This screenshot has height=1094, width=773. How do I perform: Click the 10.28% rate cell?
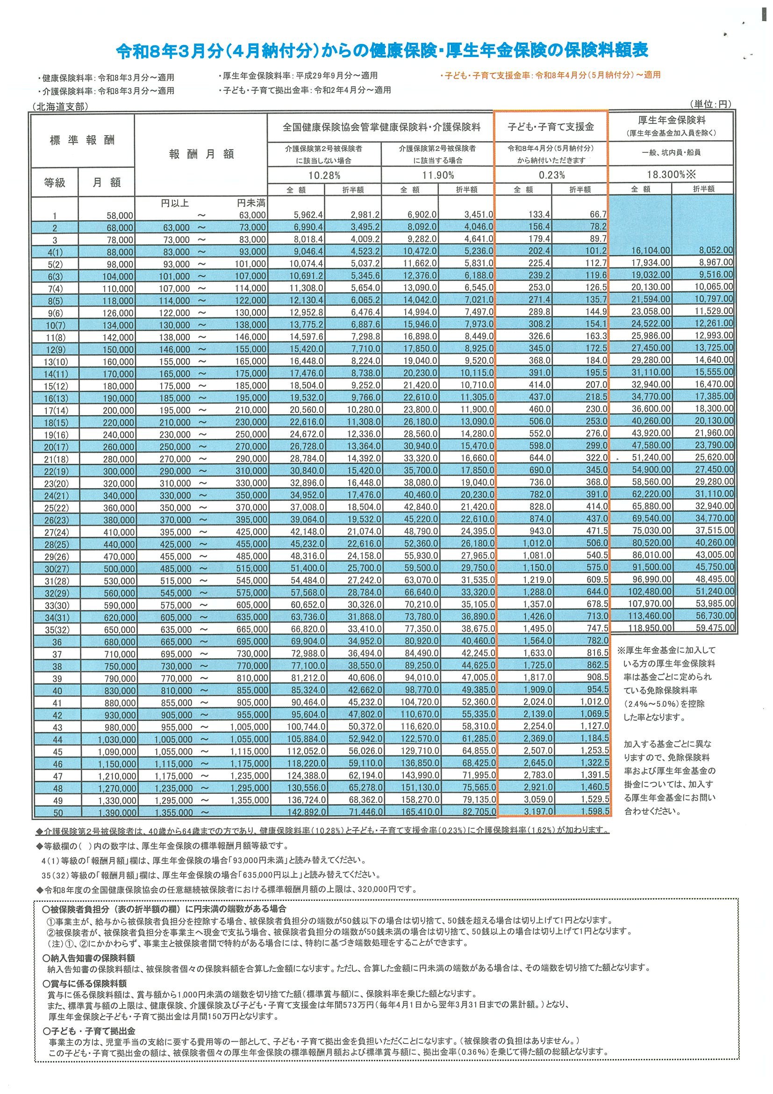pos(324,175)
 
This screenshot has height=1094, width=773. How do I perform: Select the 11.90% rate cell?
pos(438,175)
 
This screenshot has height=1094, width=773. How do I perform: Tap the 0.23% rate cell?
pos(551,175)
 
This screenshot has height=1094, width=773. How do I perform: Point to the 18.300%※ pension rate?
pos(671,174)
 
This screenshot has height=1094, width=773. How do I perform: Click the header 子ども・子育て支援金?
pos(551,127)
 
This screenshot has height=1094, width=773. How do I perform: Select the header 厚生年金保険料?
pos(672,121)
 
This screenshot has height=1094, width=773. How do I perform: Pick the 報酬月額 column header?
pos(201,154)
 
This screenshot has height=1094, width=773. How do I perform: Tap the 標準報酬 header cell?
pos(82,140)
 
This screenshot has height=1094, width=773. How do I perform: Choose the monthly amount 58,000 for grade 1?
pos(120,216)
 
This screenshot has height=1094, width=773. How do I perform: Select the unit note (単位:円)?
pos(709,104)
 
